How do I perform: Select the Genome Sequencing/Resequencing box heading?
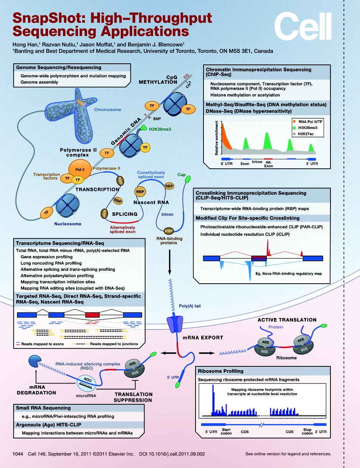coord(58,68)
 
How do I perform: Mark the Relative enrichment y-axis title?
coord(217,138)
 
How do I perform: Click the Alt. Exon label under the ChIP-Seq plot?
coord(268,164)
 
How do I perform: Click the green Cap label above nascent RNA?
coord(182,175)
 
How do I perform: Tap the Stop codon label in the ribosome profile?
coord(307,431)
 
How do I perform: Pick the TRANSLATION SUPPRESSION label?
coord(133,397)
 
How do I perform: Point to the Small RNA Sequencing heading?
coord(43,408)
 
